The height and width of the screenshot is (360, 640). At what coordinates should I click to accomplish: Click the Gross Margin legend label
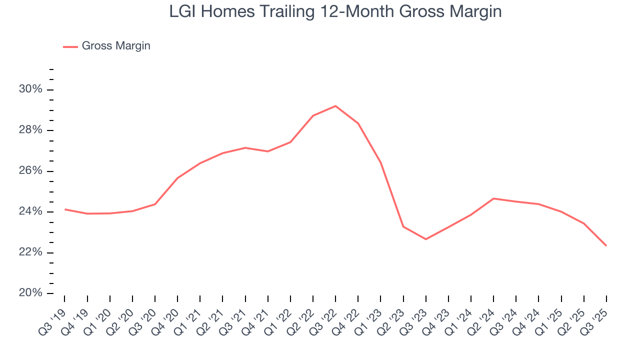[116, 46]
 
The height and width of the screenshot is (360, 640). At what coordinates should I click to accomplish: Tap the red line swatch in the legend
[70, 46]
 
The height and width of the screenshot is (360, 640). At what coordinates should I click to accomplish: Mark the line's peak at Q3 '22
[335, 106]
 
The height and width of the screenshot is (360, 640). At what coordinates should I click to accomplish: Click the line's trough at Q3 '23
[425, 239]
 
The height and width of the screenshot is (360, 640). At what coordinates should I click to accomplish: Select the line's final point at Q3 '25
[606, 245]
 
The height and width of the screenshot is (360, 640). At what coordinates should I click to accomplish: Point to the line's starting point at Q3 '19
[64, 209]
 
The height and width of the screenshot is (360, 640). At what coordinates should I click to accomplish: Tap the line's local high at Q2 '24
[493, 198]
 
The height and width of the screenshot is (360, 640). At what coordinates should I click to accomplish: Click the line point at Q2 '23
[403, 226]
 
